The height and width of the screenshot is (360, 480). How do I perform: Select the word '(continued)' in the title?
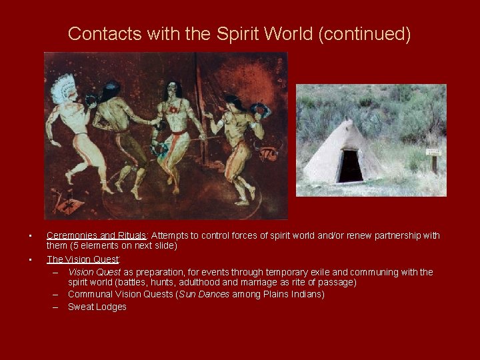pos(365,33)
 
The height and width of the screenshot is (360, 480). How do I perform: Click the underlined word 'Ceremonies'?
pos(72,235)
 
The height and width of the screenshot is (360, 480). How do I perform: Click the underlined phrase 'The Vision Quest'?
pos(83,259)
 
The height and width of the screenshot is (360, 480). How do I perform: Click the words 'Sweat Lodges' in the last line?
pos(97,307)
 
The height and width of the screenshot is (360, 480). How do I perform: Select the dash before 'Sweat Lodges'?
pos(55,307)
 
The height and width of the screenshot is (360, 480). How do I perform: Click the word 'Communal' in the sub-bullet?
pos(89,294)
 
